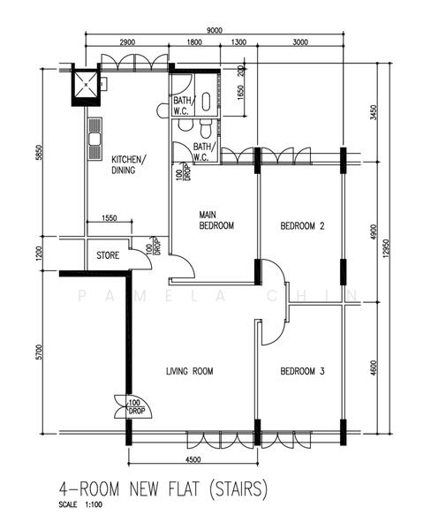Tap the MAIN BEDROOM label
[216, 220]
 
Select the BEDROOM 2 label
[302, 225]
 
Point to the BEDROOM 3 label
[302, 371]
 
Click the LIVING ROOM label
[190, 371]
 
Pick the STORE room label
[108, 255]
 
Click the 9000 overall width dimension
[215, 30]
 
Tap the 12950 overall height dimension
[387, 248]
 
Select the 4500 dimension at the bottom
[193, 459]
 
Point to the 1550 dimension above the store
[110, 217]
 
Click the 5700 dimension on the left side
[39, 352]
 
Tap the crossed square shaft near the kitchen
[87, 84]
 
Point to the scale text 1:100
[94, 505]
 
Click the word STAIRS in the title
[238, 489]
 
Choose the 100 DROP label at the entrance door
[135, 407]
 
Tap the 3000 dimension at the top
[300, 42]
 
